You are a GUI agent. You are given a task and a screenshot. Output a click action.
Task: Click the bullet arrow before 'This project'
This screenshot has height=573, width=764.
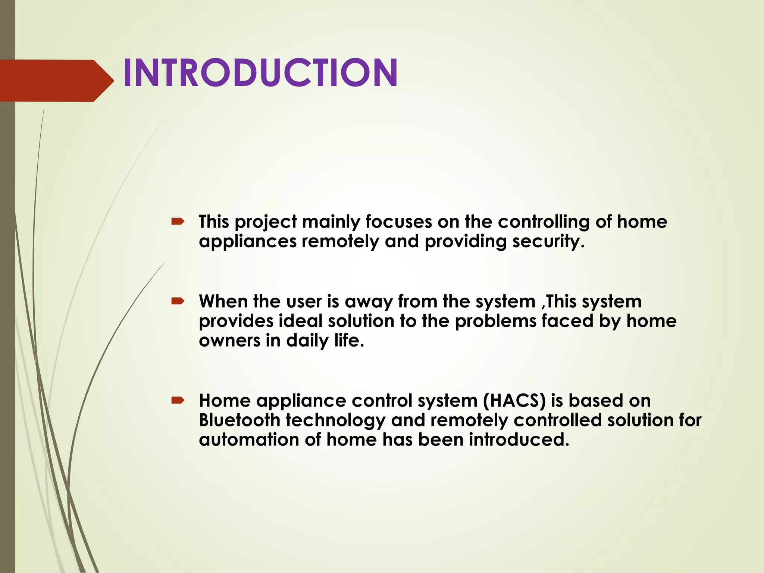tap(178, 222)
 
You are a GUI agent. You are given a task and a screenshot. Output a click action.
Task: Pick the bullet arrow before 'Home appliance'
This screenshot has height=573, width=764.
tap(178, 401)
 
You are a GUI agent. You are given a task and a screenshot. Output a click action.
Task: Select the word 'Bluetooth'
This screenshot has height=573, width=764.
tap(239, 420)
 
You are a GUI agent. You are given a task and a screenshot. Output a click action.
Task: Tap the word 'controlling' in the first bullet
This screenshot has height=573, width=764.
tap(544, 222)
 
